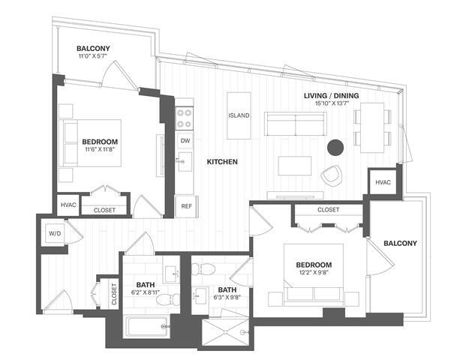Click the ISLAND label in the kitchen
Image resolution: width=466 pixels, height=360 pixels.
tap(239, 115)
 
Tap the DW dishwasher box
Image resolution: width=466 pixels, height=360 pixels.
tap(184, 139)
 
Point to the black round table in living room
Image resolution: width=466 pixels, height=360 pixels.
tap(335, 146)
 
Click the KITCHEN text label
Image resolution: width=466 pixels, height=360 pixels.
tap(222, 162)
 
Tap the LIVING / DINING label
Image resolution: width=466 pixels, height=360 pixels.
tap(331, 95)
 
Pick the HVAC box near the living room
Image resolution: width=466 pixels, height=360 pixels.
tap(382, 183)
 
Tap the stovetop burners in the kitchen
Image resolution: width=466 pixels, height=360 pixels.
tap(184, 118)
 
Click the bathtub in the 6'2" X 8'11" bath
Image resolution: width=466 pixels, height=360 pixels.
tap(146, 326)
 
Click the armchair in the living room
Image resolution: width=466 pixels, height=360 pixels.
tap(330, 175)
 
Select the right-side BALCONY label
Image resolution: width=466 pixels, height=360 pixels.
tap(400, 243)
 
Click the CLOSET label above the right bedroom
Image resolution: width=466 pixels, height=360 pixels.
tap(328, 210)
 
